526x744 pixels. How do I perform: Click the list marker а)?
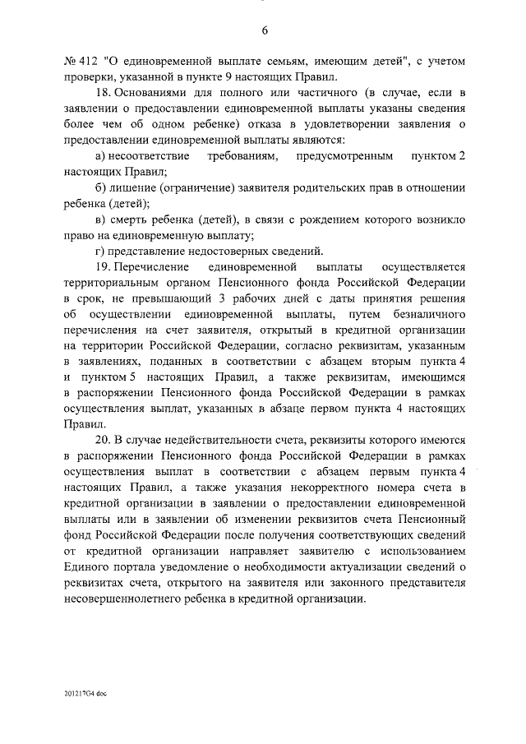[101, 156]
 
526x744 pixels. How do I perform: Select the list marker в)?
[101, 220]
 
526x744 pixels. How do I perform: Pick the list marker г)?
[100, 252]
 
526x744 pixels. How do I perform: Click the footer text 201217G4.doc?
[85, 694]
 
